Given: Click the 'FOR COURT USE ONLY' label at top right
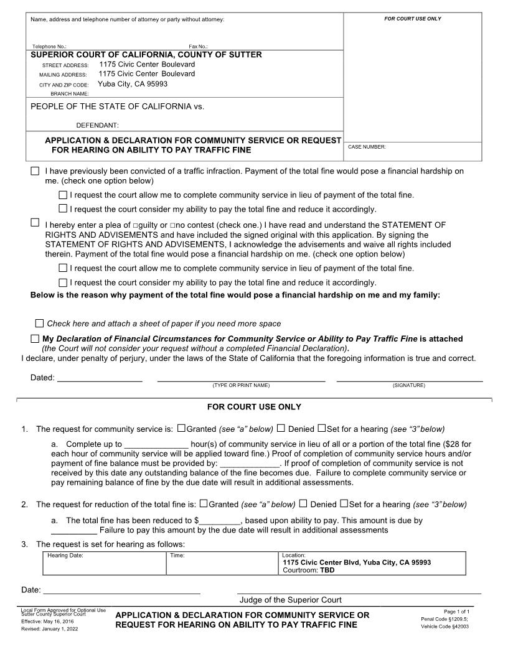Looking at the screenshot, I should point(412,19).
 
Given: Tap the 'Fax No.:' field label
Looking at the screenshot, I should point(198,47).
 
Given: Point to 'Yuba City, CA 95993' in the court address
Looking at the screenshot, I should point(133,84).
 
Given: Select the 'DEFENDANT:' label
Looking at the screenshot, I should point(97,125).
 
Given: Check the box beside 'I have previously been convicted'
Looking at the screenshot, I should point(35,170).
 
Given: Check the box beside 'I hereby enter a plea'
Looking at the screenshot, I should point(35,222).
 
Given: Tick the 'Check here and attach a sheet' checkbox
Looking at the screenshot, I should point(40,323).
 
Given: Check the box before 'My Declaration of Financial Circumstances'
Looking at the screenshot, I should point(35,338).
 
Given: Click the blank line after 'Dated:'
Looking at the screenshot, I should point(100,377).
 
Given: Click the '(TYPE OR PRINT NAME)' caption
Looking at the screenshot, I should point(241,386).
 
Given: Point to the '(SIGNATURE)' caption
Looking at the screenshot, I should point(409,386).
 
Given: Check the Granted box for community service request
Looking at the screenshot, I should point(181,428).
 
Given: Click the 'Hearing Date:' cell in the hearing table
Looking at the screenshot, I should point(65,554).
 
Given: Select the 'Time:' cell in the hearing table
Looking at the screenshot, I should point(177,554).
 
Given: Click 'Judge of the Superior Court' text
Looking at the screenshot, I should point(291,600).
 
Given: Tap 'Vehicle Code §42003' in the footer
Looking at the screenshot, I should point(444,627).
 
